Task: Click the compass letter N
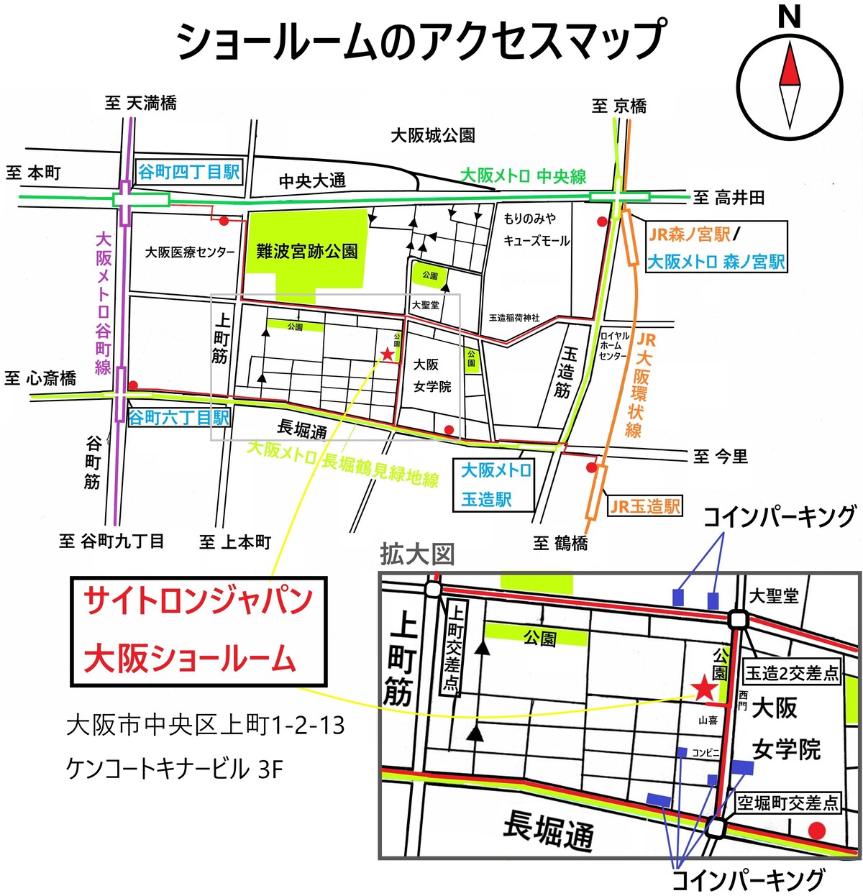coord(790,17)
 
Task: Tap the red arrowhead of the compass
coord(790,64)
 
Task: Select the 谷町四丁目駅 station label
coord(189,172)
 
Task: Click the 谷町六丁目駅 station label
coord(178,418)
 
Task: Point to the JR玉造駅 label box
coord(644,506)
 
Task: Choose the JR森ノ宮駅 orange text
coord(690,234)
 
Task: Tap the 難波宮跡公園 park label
coord(307,251)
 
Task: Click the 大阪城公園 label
coord(433,135)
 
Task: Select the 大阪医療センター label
coord(190,252)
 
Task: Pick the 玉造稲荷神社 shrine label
coord(514,318)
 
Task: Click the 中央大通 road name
coord(312,180)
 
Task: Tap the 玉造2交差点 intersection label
coord(792,673)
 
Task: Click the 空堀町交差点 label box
coord(788,803)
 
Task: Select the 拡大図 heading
coord(417,555)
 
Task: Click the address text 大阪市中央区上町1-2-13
coord(206,726)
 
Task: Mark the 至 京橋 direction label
coord(619,106)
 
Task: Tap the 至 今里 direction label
coord(721,457)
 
